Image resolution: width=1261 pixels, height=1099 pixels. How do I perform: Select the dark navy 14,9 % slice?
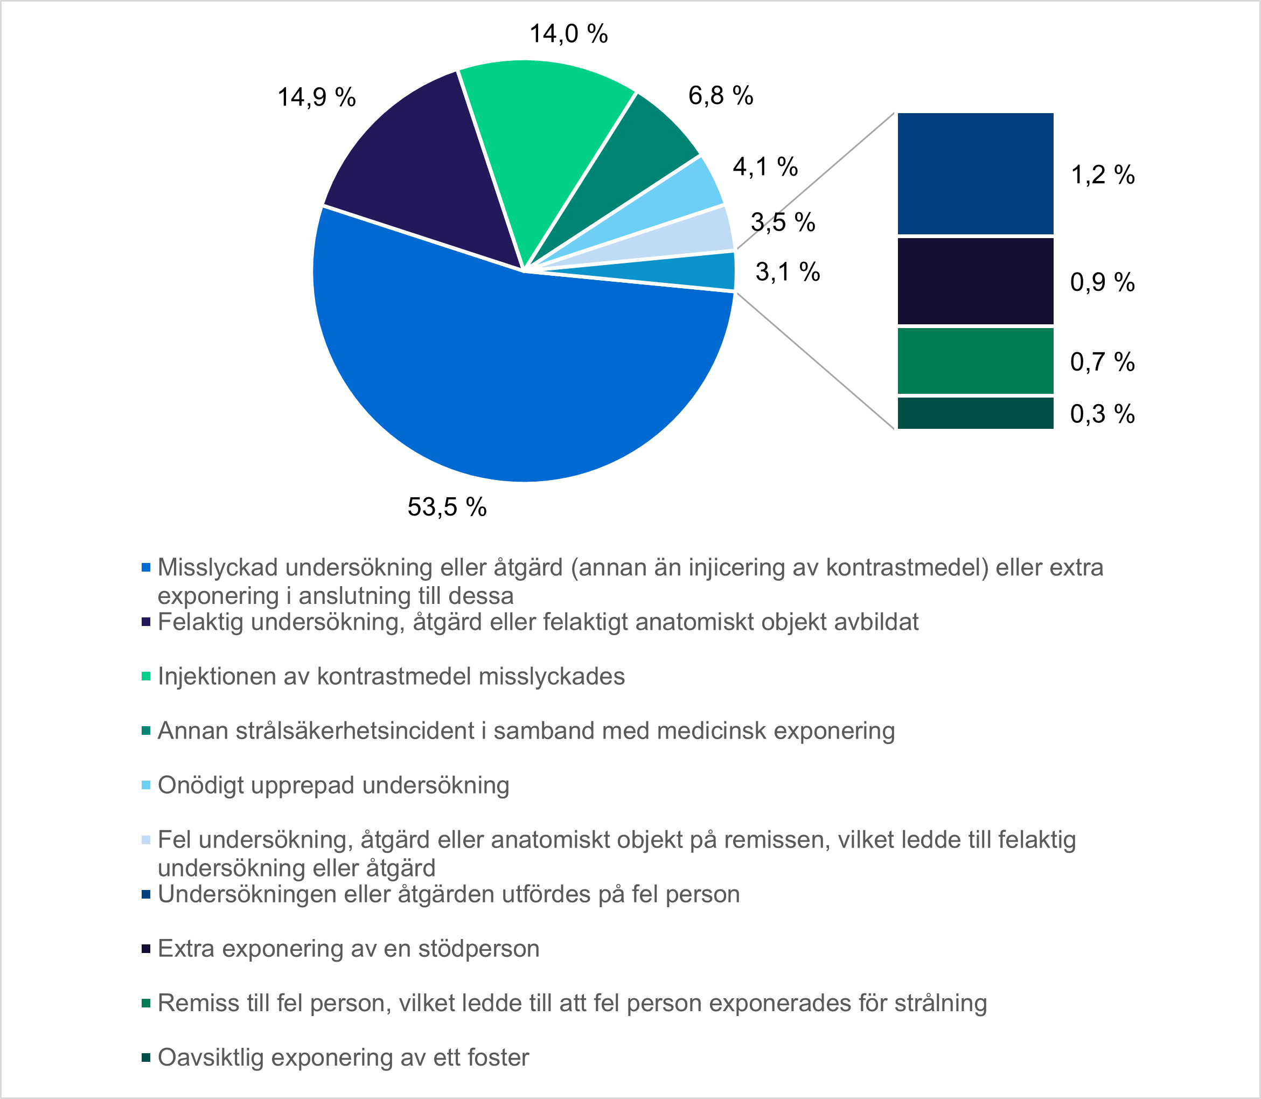[x=429, y=172]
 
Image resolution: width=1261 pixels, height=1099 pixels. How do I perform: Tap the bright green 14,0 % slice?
[x=540, y=135]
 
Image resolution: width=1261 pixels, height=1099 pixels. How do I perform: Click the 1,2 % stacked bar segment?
[x=975, y=173]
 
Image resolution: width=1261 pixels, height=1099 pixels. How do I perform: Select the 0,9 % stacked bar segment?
[x=975, y=281]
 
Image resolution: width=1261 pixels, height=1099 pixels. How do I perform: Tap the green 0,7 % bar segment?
[x=975, y=360]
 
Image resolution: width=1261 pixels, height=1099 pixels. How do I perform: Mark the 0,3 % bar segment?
[x=975, y=413]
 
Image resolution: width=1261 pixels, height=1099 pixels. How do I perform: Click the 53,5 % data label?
[x=447, y=507]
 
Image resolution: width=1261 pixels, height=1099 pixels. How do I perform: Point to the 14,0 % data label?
[x=568, y=34]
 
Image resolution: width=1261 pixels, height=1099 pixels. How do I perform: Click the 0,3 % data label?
[x=1102, y=415]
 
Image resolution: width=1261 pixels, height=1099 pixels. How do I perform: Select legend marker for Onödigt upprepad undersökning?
[x=146, y=785]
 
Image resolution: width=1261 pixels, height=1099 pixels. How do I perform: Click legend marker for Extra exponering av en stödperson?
[x=146, y=949]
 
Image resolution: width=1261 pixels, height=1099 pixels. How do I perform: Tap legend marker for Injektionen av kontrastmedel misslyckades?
[x=146, y=677]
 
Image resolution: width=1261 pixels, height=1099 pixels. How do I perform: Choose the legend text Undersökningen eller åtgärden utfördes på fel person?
[x=448, y=894]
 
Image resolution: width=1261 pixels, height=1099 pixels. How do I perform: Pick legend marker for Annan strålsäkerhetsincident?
[x=146, y=731]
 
